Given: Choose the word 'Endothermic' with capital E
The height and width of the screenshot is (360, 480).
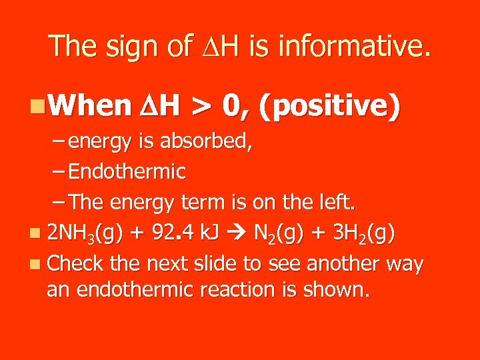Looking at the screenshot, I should click(127, 172).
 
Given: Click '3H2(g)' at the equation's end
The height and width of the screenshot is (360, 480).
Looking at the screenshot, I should click(362, 233).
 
